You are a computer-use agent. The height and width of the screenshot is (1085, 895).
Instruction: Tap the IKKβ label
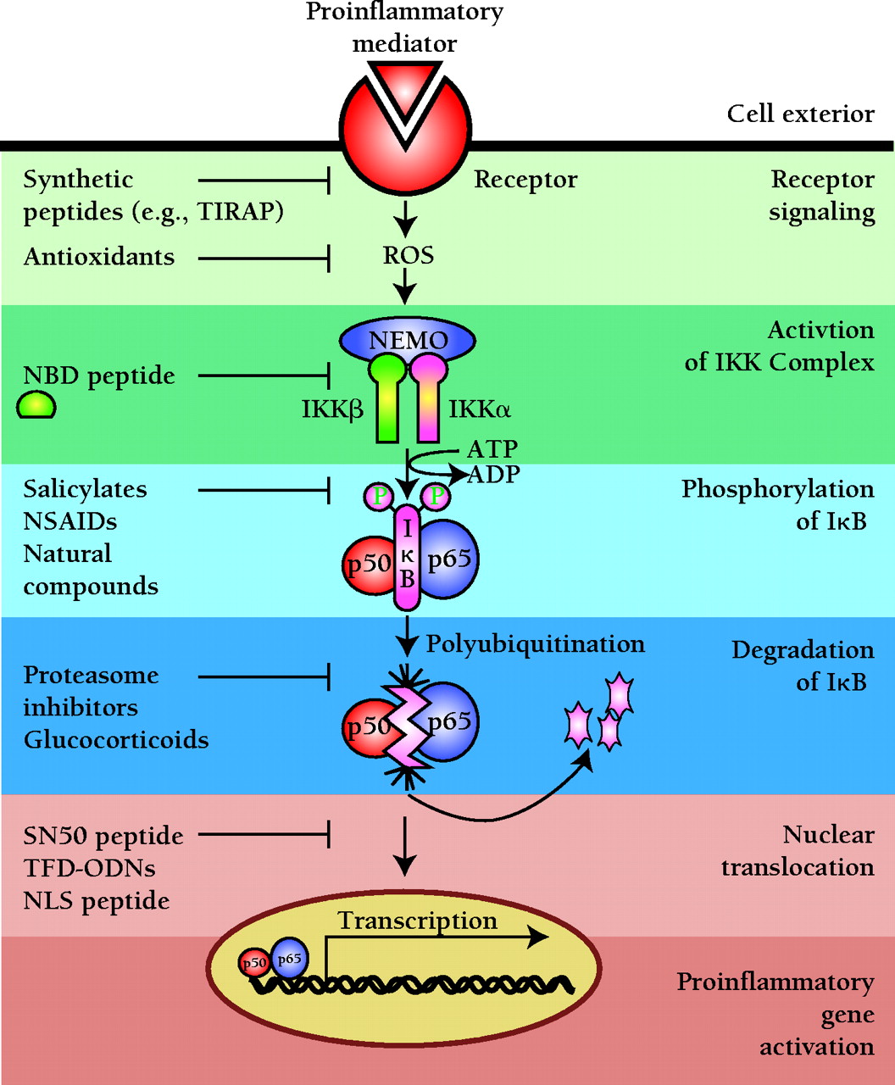point(332,410)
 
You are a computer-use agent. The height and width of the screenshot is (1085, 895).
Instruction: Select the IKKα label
point(480,410)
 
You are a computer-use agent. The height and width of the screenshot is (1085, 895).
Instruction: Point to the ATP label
point(492,448)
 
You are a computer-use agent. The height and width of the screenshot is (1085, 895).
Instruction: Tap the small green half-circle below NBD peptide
point(36,406)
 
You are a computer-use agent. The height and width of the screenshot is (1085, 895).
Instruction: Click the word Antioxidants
point(99,257)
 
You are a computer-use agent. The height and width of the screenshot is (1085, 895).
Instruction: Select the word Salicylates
point(85,489)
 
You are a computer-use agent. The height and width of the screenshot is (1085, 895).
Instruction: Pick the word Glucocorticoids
point(116,739)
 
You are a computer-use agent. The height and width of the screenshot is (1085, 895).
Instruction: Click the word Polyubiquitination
point(535,643)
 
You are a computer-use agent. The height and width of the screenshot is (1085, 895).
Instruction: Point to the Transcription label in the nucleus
point(418,921)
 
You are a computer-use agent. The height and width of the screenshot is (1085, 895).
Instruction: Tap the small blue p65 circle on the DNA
point(289,958)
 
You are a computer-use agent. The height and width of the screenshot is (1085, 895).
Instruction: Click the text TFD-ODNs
point(90,868)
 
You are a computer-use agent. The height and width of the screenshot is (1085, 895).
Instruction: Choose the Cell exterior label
point(800,114)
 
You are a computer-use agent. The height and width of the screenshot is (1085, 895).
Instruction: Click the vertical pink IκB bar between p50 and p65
point(408,559)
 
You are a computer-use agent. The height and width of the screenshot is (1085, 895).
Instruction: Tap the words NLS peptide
point(97,900)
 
